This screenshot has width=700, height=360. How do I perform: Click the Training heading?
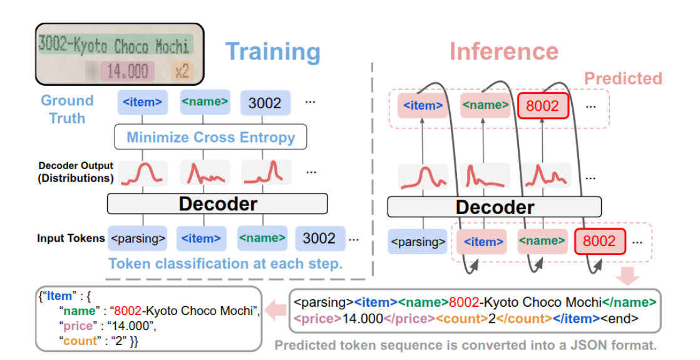(272, 52)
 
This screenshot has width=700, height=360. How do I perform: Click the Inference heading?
(503, 51)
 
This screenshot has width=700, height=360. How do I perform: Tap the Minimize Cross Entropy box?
(210, 137)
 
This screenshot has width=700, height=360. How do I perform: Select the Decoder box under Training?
(217, 203)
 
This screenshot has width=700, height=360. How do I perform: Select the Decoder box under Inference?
(494, 207)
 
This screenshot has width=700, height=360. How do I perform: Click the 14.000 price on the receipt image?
(127, 70)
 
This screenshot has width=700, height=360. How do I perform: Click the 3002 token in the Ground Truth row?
(265, 103)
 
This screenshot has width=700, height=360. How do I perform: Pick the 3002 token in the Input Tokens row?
(319, 239)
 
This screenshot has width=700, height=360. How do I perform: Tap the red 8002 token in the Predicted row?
(542, 106)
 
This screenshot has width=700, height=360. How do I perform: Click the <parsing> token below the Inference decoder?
(417, 241)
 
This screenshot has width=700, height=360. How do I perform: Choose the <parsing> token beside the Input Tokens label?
(138, 239)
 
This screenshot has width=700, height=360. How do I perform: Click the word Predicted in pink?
(622, 78)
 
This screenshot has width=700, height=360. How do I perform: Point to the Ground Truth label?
(67, 109)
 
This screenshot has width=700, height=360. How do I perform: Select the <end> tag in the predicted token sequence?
(620, 318)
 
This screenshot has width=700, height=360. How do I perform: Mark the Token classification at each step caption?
(225, 264)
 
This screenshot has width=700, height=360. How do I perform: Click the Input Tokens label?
(71, 239)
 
